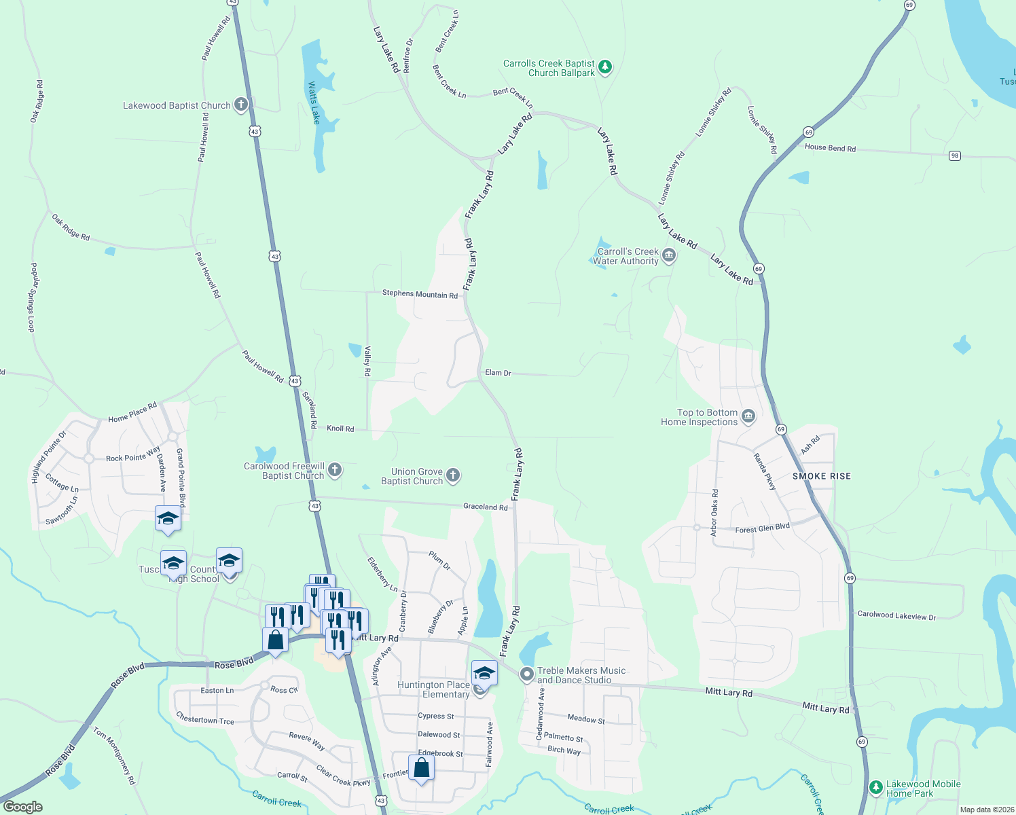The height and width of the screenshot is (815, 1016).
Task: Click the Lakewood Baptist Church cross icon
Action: pyautogui.click(x=241, y=105)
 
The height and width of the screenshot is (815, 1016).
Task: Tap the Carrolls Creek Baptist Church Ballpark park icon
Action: pyautogui.click(x=605, y=67)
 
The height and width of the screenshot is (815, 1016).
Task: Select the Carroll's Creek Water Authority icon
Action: pyautogui.click(x=668, y=256)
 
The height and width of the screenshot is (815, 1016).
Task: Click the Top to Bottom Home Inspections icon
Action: pyautogui.click(x=748, y=416)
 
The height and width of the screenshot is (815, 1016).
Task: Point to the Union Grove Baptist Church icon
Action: pyautogui.click(x=453, y=475)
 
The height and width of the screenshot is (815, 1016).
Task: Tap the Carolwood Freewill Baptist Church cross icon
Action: pyautogui.click(x=334, y=470)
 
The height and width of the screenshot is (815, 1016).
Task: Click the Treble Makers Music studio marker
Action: pyautogui.click(x=526, y=674)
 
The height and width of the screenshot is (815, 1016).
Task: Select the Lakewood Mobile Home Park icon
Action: pyautogui.click(x=876, y=788)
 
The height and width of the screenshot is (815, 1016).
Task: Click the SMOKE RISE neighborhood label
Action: pyautogui.click(x=821, y=476)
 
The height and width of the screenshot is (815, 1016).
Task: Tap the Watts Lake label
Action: pyautogui.click(x=314, y=103)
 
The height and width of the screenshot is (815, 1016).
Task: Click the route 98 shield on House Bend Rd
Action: pyautogui.click(x=955, y=156)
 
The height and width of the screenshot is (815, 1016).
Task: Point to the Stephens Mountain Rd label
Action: pyautogui.click(x=419, y=294)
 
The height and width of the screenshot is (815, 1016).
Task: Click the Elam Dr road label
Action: pyautogui.click(x=498, y=373)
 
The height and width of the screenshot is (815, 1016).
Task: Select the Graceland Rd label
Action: pyautogui.click(x=485, y=507)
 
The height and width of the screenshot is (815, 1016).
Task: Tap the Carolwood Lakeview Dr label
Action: pyautogui.click(x=896, y=615)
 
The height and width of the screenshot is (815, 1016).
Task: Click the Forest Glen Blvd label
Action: pyautogui.click(x=762, y=528)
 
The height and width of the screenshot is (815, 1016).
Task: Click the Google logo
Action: pyautogui.click(x=22, y=806)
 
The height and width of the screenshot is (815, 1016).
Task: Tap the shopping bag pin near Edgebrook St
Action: pyautogui.click(x=421, y=768)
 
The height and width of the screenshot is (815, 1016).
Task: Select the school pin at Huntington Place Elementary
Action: pyautogui.click(x=484, y=674)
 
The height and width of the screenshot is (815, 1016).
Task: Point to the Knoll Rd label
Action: pyautogui.click(x=340, y=429)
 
